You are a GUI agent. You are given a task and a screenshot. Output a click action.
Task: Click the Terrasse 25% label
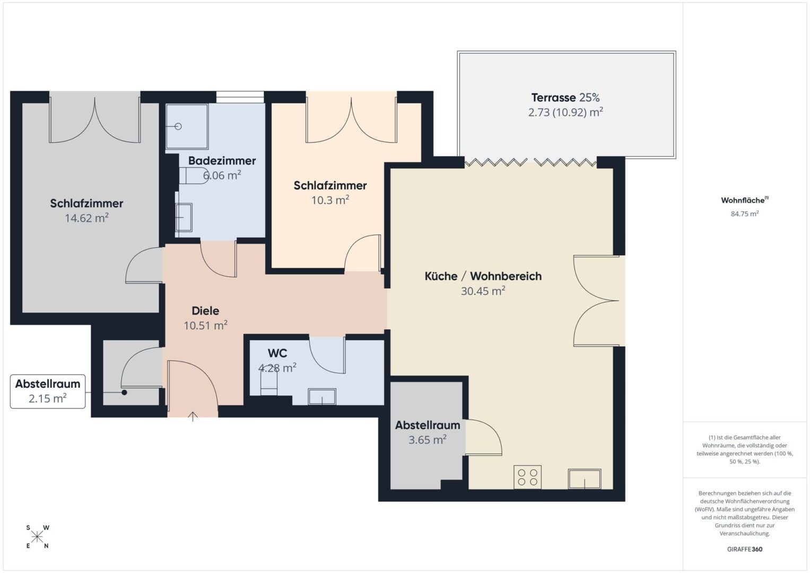(565, 97)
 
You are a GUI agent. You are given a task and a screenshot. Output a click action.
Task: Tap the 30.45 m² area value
(483, 291)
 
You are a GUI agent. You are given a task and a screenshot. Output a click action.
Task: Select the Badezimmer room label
(222, 161)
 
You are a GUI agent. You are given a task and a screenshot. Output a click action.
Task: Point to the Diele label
(205, 311)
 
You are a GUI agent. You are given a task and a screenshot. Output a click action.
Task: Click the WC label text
(277, 353)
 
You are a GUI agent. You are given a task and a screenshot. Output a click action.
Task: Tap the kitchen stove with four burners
(527, 477)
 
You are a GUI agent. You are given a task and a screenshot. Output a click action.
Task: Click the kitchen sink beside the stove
(585, 479)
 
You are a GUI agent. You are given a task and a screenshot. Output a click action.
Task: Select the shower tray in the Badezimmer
(187, 126)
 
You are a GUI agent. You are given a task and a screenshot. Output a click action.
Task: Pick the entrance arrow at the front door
(193, 416)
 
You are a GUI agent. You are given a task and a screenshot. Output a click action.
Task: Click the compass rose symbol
(37, 537)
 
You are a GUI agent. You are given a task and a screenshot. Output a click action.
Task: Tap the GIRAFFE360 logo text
(745, 549)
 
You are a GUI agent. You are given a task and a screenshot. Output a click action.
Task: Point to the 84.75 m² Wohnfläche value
(745, 214)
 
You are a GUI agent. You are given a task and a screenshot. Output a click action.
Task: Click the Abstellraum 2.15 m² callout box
(48, 392)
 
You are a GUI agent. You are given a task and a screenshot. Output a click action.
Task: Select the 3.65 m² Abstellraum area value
(428, 440)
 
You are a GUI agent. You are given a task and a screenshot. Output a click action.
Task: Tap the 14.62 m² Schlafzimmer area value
(86, 218)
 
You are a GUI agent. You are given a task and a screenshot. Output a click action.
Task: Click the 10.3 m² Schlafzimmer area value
(330, 200)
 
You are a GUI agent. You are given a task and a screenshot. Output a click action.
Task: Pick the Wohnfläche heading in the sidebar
(745, 200)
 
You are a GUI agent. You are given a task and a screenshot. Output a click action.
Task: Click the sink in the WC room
(322, 396)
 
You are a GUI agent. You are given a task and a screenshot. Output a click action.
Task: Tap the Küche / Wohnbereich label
(483, 276)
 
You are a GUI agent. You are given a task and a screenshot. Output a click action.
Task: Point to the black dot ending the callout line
(124, 393)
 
